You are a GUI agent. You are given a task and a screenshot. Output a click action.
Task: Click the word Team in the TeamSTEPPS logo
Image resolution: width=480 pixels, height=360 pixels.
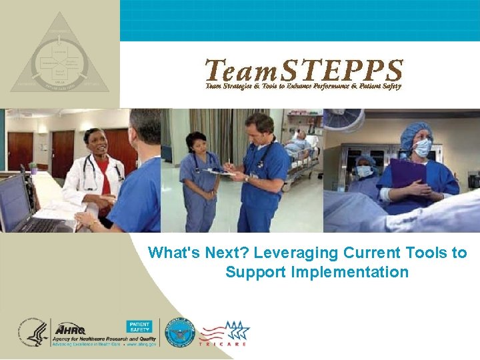(237, 71)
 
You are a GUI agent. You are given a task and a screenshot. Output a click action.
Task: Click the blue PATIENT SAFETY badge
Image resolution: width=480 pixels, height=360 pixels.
(139, 327)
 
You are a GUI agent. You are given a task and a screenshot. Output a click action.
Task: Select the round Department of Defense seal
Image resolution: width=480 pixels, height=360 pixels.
(180, 332)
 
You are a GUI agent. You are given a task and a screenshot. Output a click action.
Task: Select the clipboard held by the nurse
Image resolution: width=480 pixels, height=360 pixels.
(220, 172)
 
